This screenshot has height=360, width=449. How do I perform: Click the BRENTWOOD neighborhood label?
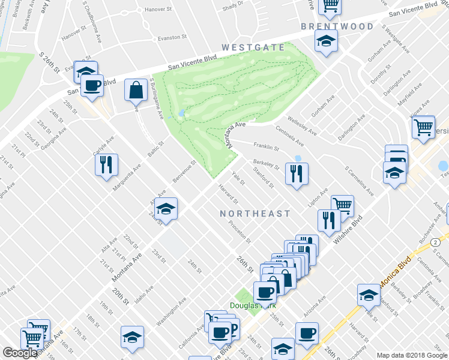coord(337,26)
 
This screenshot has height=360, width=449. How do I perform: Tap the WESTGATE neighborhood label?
coord(251,47)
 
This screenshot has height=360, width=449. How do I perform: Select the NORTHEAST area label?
coord(255,214)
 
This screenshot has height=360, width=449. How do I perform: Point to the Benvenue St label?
coord(184,172)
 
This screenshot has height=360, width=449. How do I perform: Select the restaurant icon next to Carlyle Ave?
coord(106,164)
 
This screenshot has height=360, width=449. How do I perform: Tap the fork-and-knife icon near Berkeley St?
coord(297,173)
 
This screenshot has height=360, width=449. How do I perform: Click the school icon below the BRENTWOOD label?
coord(326,41)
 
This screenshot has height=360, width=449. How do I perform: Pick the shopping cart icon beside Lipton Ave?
coord(342,206)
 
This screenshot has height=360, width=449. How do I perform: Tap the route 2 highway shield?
coord(433,241)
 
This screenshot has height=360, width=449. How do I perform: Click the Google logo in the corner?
coord(20,353)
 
